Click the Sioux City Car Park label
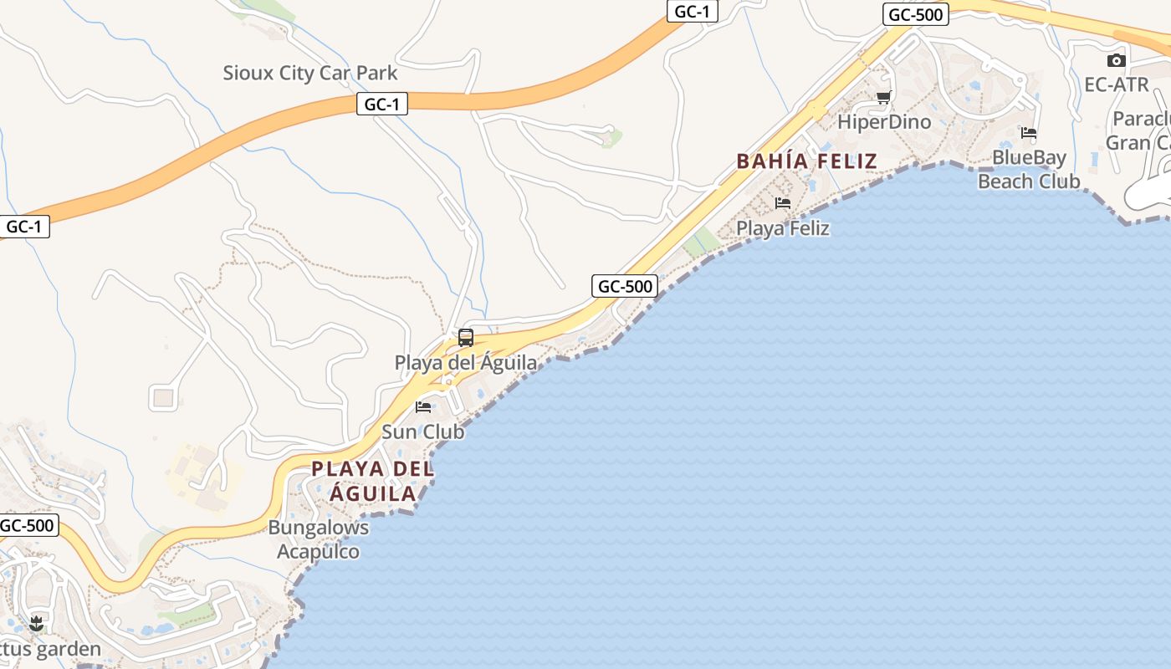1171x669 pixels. (x=310, y=74)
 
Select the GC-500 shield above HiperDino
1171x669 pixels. (x=915, y=14)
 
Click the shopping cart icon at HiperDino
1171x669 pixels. (x=883, y=97)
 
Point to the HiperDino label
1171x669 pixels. (x=883, y=122)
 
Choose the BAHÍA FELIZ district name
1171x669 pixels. (x=806, y=161)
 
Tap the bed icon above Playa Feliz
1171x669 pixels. (x=783, y=203)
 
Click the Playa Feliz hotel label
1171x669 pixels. (x=783, y=227)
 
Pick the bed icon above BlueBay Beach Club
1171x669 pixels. (x=1029, y=133)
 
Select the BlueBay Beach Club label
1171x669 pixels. (x=1029, y=170)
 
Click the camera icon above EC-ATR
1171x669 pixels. (x=1116, y=60)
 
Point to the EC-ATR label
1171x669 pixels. (x=1117, y=84)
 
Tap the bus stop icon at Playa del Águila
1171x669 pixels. (x=466, y=338)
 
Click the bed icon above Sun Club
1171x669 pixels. (x=423, y=407)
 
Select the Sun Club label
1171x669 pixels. (x=422, y=432)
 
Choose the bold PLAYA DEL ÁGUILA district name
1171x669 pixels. (x=373, y=481)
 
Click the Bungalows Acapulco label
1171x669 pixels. (x=318, y=539)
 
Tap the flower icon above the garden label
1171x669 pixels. (x=36, y=623)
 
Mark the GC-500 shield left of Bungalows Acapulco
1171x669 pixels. (x=28, y=526)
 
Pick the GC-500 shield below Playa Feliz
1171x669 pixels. (x=625, y=286)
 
